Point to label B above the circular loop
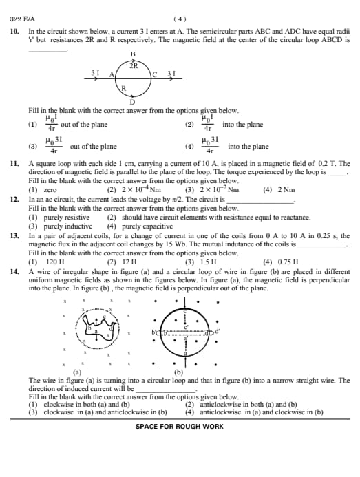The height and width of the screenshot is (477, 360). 132,54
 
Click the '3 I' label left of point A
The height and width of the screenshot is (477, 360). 95,72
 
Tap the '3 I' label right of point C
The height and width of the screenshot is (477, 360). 171,73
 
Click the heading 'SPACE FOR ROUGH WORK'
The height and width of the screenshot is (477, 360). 180,427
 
